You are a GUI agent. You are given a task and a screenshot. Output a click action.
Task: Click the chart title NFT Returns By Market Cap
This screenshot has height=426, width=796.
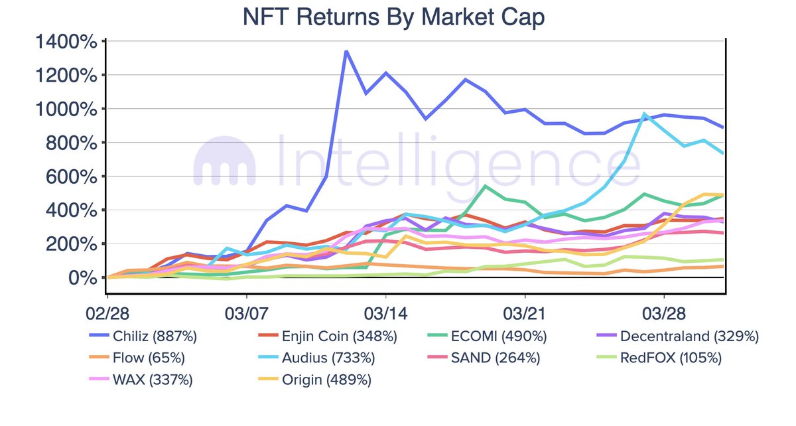394,17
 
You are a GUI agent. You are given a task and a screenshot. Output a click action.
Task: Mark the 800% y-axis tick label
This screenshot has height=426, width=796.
75,143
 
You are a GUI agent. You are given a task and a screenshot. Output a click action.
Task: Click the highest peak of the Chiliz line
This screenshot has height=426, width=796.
346,51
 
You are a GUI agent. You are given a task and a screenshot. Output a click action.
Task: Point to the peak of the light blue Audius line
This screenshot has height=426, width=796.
643,113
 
